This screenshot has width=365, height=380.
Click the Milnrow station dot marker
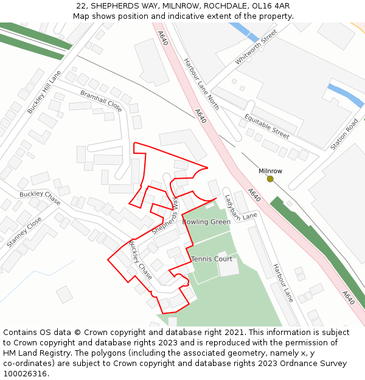(270, 179)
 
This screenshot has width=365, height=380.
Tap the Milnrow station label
(270, 171)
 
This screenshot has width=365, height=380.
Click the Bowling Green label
(206, 222)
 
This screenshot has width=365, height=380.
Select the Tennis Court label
(212, 259)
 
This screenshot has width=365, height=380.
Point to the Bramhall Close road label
(101, 100)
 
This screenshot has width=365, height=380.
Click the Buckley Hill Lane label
(44, 92)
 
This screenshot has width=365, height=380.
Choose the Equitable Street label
(266, 126)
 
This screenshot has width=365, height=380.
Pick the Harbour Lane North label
(201, 80)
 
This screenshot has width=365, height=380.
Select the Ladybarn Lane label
(240, 207)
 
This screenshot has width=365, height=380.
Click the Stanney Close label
(24, 232)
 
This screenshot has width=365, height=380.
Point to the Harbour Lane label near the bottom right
(283, 283)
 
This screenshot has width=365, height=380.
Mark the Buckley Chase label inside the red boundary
(140, 260)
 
